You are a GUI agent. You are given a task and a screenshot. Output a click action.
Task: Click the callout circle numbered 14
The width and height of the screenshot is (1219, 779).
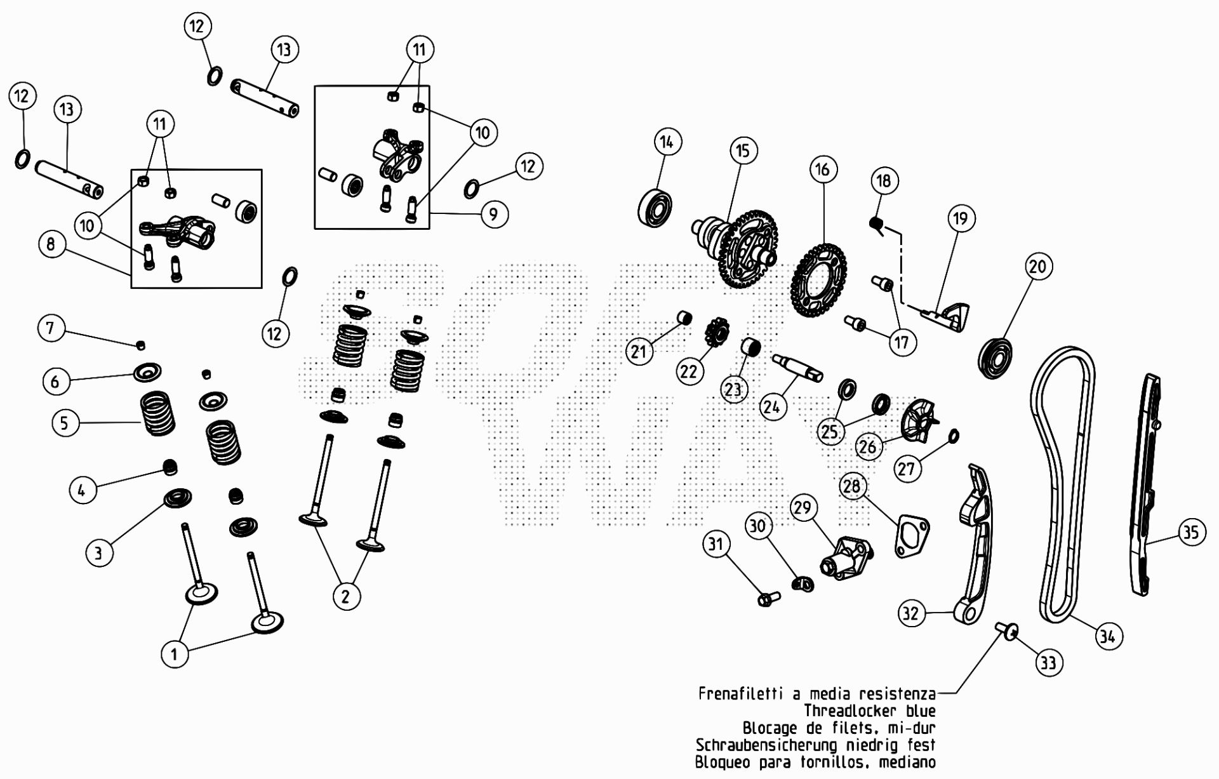coord(666,142)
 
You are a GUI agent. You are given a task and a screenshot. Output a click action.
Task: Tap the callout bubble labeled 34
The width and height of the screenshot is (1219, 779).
coord(1108,636)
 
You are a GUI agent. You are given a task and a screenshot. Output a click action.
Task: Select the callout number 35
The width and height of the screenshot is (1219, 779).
coord(1191,531)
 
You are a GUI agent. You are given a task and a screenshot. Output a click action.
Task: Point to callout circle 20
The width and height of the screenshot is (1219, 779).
coord(1037,266)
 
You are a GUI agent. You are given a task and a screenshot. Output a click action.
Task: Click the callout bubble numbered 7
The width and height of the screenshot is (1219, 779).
coord(50,328)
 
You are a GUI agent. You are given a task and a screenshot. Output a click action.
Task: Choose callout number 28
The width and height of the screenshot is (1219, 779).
coord(851,486)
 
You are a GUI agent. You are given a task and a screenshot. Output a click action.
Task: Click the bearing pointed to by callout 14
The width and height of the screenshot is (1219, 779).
coord(655,207)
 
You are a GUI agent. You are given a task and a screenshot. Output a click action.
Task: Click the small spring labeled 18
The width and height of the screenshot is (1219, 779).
coord(877,224)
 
